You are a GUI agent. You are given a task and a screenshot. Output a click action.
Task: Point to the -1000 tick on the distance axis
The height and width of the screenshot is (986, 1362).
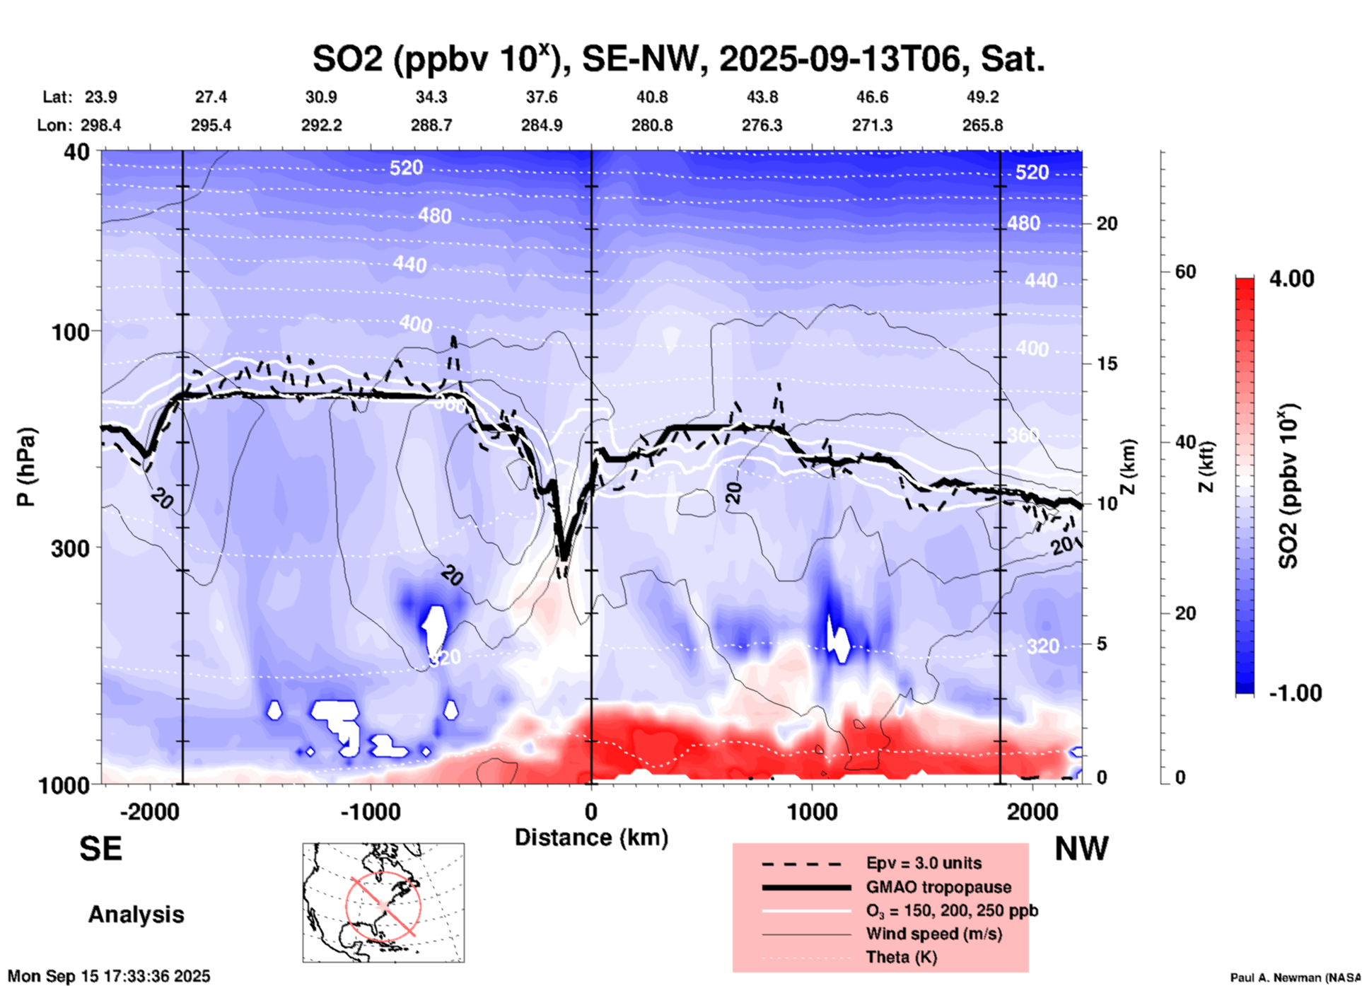click(370, 811)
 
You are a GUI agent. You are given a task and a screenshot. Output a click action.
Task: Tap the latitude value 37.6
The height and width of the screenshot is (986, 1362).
click(542, 97)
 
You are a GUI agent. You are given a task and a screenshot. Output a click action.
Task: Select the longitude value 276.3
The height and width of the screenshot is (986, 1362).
click(762, 125)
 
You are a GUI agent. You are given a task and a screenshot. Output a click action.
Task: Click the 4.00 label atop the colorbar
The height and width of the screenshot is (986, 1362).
click(1291, 279)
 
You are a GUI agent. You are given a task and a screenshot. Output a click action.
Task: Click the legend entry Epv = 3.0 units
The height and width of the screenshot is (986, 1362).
click(924, 863)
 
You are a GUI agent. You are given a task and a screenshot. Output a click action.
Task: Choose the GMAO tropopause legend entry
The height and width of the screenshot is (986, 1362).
click(938, 887)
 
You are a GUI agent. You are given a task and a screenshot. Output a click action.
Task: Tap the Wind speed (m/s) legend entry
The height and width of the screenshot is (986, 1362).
click(933, 934)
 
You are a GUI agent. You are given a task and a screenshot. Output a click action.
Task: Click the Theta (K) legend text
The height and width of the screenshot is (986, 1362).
click(901, 957)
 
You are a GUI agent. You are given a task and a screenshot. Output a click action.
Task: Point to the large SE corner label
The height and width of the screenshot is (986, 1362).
click(100, 849)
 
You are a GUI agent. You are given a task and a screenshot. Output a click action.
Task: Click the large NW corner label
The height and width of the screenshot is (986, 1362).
click(1081, 849)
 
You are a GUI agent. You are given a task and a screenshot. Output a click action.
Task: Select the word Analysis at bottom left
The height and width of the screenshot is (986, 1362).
click(136, 915)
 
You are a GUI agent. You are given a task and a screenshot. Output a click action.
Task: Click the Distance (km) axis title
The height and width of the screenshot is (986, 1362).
click(591, 837)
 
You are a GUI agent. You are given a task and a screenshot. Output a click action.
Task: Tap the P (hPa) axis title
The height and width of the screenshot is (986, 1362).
click(26, 467)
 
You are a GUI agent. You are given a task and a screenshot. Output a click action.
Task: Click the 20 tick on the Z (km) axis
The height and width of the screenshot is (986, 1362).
click(1107, 224)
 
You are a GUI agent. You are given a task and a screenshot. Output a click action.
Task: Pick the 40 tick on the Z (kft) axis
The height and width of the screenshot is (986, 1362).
click(1185, 443)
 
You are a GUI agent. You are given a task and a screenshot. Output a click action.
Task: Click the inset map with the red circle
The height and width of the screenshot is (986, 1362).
click(383, 903)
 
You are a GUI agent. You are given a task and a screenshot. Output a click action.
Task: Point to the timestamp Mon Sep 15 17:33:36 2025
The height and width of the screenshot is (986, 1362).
click(109, 976)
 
